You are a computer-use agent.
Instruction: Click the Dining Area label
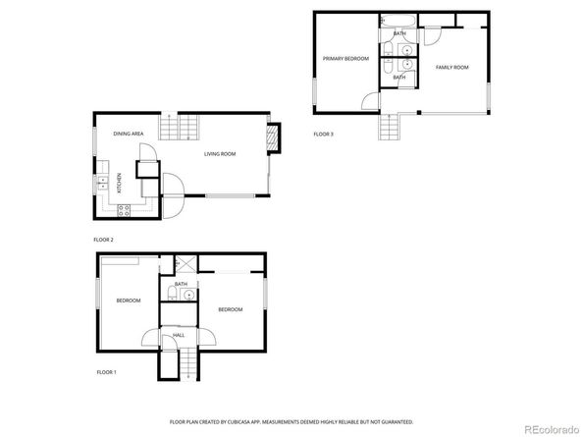130,133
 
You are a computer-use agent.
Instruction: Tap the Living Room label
220,154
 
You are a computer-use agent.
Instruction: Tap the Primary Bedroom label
345,59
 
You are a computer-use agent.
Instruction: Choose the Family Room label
451,67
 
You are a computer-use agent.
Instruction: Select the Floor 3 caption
323,134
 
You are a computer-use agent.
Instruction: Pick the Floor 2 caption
104,240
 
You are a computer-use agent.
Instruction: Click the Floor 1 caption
106,372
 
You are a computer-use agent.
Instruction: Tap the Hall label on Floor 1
179,335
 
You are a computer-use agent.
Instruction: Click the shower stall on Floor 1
182,264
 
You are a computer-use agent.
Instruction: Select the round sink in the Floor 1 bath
189,295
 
